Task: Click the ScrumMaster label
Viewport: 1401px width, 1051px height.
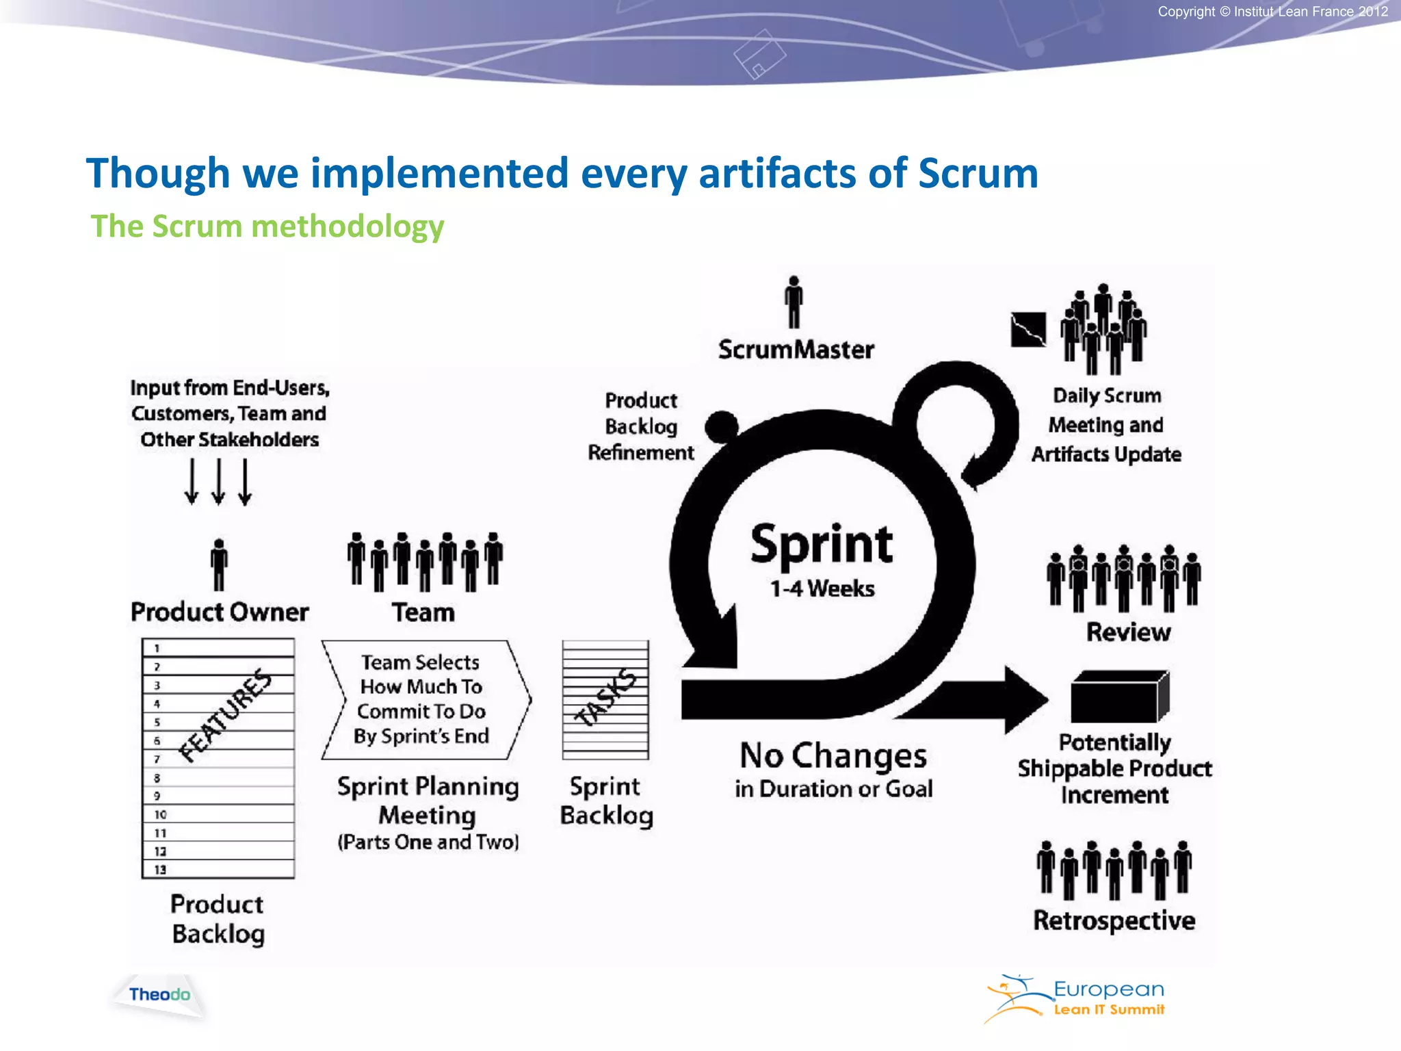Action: [x=796, y=350]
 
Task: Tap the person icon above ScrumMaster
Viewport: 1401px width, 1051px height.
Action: [x=794, y=302]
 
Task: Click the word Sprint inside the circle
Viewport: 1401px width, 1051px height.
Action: [x=821, y=545]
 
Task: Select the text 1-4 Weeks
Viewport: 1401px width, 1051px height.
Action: [x=822, y=588]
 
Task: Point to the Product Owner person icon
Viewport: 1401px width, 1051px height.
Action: [x=219, y=565]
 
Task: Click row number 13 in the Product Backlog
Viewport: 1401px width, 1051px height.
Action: [x=160, y=870]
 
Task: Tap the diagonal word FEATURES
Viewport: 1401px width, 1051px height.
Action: [x=225, y=715]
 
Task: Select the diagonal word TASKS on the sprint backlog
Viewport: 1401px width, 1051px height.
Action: [x=605, y=698]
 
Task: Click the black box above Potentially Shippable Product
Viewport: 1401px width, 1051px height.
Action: [x=1119, y=697]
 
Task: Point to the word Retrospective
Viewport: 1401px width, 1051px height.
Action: [x=1114, y=920]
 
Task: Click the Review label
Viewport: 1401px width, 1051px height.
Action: [x=1128, y=632]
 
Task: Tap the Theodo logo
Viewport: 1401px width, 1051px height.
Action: [x=159, y=995]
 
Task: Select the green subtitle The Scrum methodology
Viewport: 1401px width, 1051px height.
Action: [x=267, y=226]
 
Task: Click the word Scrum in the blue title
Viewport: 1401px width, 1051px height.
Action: [x=978, y=173]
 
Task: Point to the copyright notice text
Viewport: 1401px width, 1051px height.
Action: [x=1272, y=12]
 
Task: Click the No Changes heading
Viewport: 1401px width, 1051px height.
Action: [x=833, y=756]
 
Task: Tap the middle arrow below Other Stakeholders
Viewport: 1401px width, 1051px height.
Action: [x=218, y=482]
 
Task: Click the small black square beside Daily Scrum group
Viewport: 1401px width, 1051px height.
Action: [x=1028, y=330]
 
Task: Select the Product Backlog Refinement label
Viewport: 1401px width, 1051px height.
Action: [x=641, y=426]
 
